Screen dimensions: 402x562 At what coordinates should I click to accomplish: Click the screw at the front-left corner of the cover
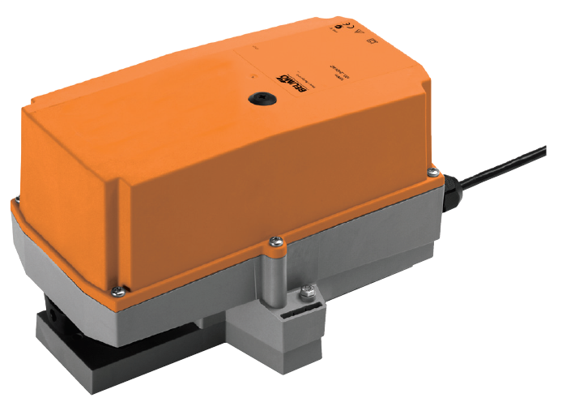tap(119, 289)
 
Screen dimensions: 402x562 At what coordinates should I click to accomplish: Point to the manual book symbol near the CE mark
tap(373, 38)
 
